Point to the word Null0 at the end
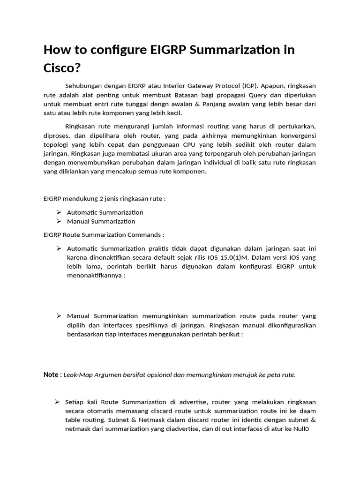coord(306,429)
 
